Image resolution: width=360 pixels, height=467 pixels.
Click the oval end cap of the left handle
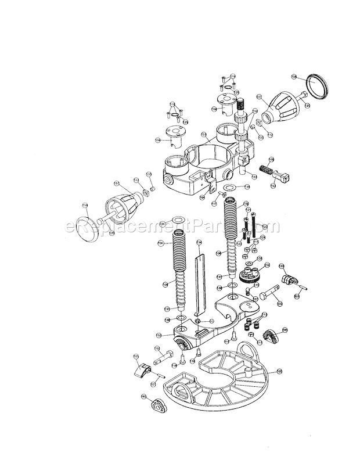[x=91, y=229]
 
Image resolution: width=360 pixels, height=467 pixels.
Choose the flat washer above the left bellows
[x=177, y=222]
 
